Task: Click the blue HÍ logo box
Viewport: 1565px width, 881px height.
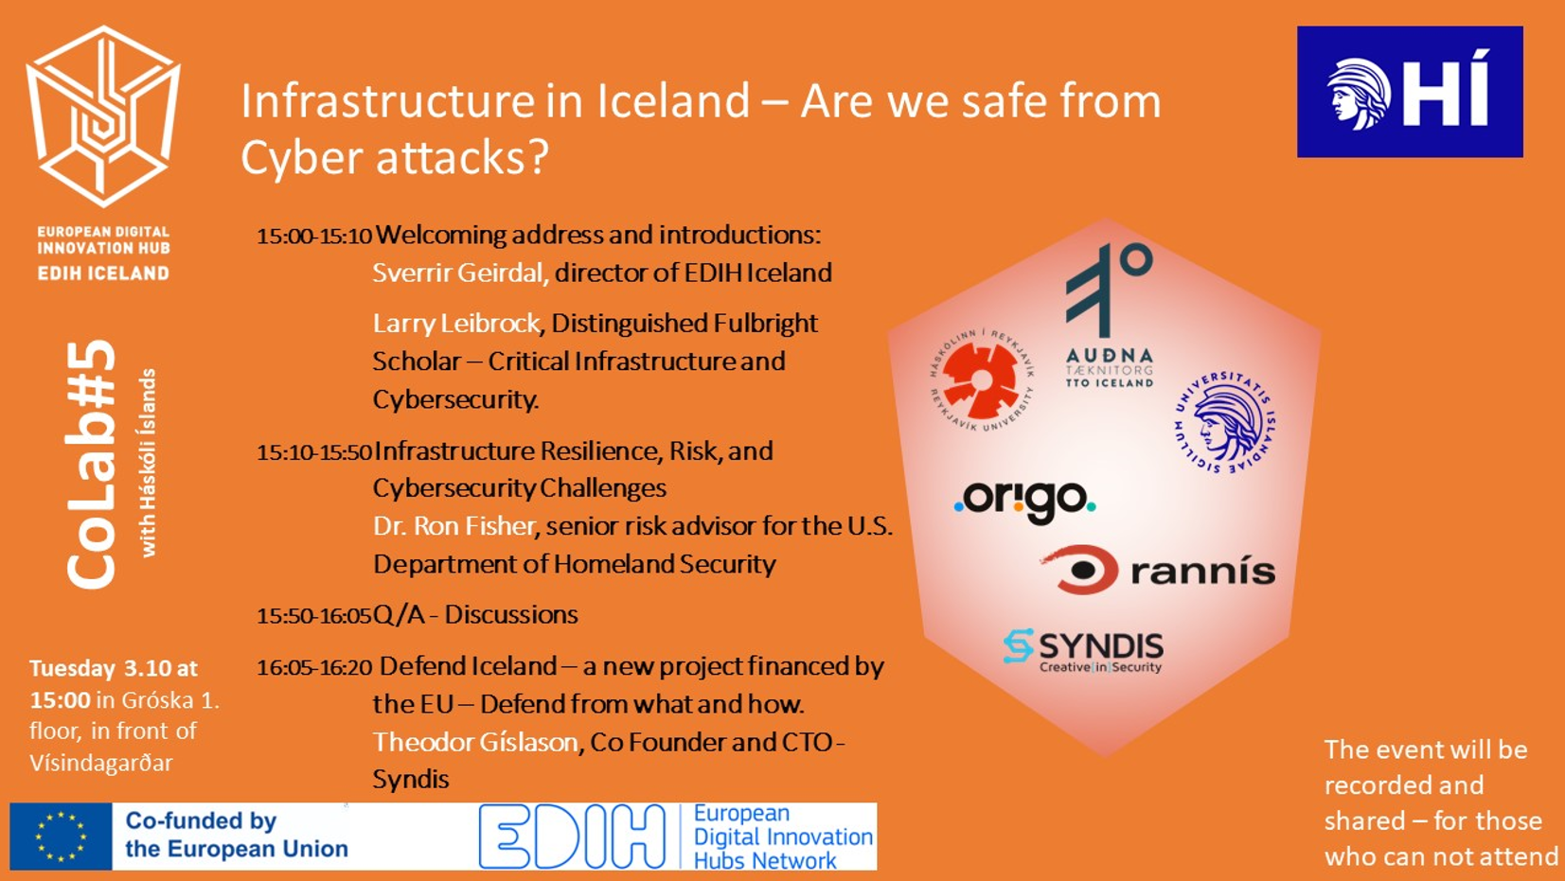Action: point(1410,92)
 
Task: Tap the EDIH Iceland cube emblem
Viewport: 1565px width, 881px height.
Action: point(103,116)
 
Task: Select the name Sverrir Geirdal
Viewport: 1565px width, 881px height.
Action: point(457,273)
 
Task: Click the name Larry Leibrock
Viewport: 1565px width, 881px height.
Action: point(456,324)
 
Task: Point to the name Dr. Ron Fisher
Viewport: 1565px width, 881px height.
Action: point(454,526)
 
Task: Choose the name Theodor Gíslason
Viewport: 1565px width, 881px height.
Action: point(475,741)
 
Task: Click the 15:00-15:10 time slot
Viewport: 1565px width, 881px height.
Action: point(314,236)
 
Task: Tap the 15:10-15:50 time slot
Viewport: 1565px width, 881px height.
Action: point(314,452)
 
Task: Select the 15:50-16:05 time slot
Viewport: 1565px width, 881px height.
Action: point(314,616)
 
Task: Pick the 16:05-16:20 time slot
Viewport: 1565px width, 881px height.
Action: point(314,667)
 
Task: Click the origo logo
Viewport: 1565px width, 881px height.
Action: point(1025,501)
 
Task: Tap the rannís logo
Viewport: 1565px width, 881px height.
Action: point(1158,570)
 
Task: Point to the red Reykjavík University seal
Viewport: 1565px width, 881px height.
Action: point(982,379)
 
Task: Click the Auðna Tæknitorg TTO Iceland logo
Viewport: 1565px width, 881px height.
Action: point(1109,315)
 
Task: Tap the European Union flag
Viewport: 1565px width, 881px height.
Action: point(61,837)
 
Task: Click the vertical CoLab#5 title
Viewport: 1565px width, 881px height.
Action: point(91,465)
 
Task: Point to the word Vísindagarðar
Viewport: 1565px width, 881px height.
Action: point(100,763)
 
